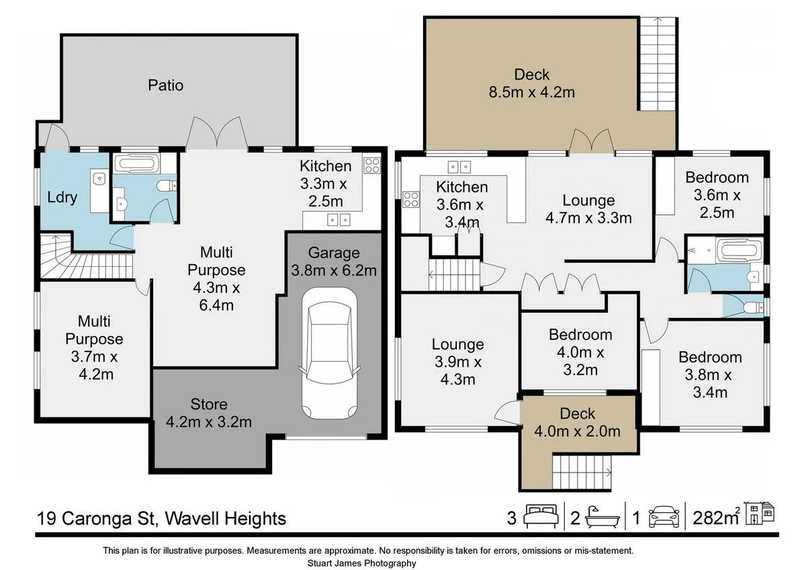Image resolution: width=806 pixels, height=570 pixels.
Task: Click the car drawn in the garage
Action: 329,353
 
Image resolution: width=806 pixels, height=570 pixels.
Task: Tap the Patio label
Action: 165,85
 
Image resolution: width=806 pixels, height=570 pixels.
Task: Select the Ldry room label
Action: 62,198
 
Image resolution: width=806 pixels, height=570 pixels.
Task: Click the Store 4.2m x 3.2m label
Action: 209,413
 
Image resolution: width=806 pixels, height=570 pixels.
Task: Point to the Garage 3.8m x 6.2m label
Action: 334,261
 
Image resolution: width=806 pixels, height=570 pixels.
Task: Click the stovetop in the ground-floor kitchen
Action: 371,165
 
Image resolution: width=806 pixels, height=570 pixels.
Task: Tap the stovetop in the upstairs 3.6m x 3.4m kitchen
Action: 410,200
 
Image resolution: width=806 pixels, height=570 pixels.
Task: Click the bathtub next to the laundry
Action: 136,164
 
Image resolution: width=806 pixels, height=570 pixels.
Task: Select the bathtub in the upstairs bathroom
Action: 739,250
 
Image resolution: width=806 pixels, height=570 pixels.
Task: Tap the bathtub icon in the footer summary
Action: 602,517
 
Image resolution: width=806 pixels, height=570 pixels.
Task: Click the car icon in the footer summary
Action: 664,517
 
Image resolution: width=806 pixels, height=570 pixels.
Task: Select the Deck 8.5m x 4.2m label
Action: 532,83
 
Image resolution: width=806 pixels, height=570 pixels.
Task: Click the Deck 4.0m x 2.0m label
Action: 577,422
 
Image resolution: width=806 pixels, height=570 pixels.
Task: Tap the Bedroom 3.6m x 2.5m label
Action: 717,195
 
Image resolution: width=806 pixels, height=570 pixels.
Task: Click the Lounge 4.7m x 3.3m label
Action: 588,209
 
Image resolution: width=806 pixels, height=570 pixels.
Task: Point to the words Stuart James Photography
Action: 361,563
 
